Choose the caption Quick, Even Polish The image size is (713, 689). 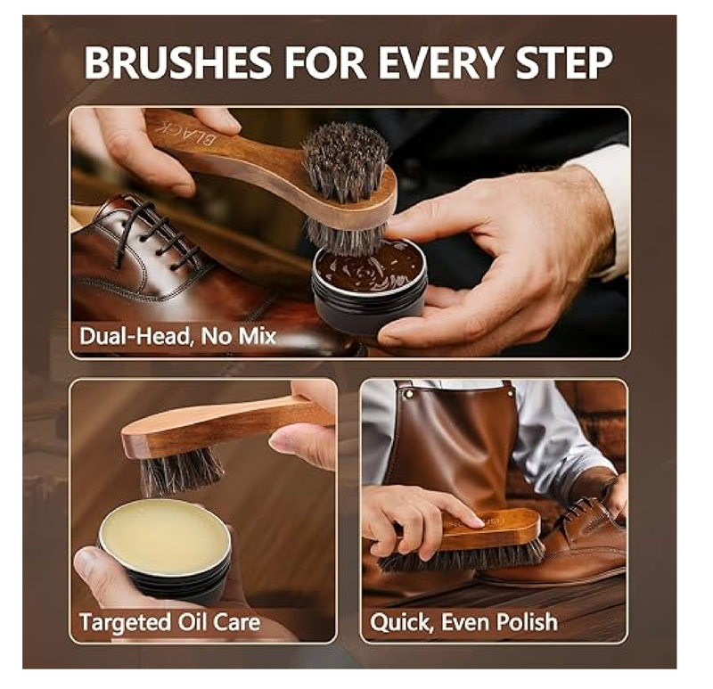pyautogui.click(x=463, y=621)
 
